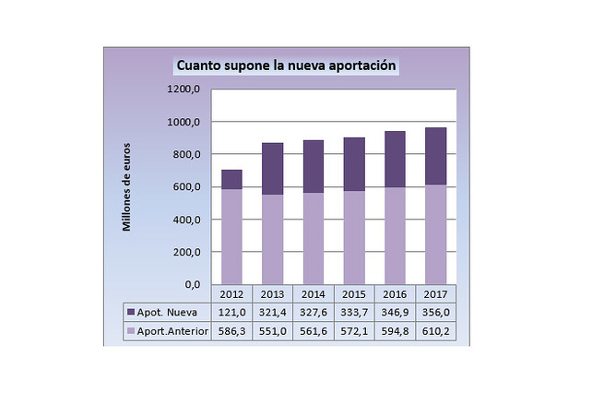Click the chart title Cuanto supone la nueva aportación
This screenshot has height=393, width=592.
(286, 66)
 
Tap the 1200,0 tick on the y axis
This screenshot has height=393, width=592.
(184, 89)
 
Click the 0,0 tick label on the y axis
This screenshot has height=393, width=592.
(190, 284)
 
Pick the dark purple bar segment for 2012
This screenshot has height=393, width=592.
(231, 179)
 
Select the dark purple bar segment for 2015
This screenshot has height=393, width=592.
(354, 164)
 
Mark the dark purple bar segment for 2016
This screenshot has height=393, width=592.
(395, 159)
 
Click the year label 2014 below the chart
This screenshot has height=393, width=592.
(314, 294)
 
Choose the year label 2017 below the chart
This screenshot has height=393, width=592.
(436, 294)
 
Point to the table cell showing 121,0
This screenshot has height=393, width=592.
(231, 313)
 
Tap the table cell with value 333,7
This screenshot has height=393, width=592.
(354, 313)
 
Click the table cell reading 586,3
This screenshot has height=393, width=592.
(231, 330)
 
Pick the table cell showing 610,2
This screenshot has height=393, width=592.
(436, 330)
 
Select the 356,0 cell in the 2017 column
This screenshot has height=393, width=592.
(436, 313)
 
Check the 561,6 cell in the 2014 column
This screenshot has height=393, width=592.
(314, 330)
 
